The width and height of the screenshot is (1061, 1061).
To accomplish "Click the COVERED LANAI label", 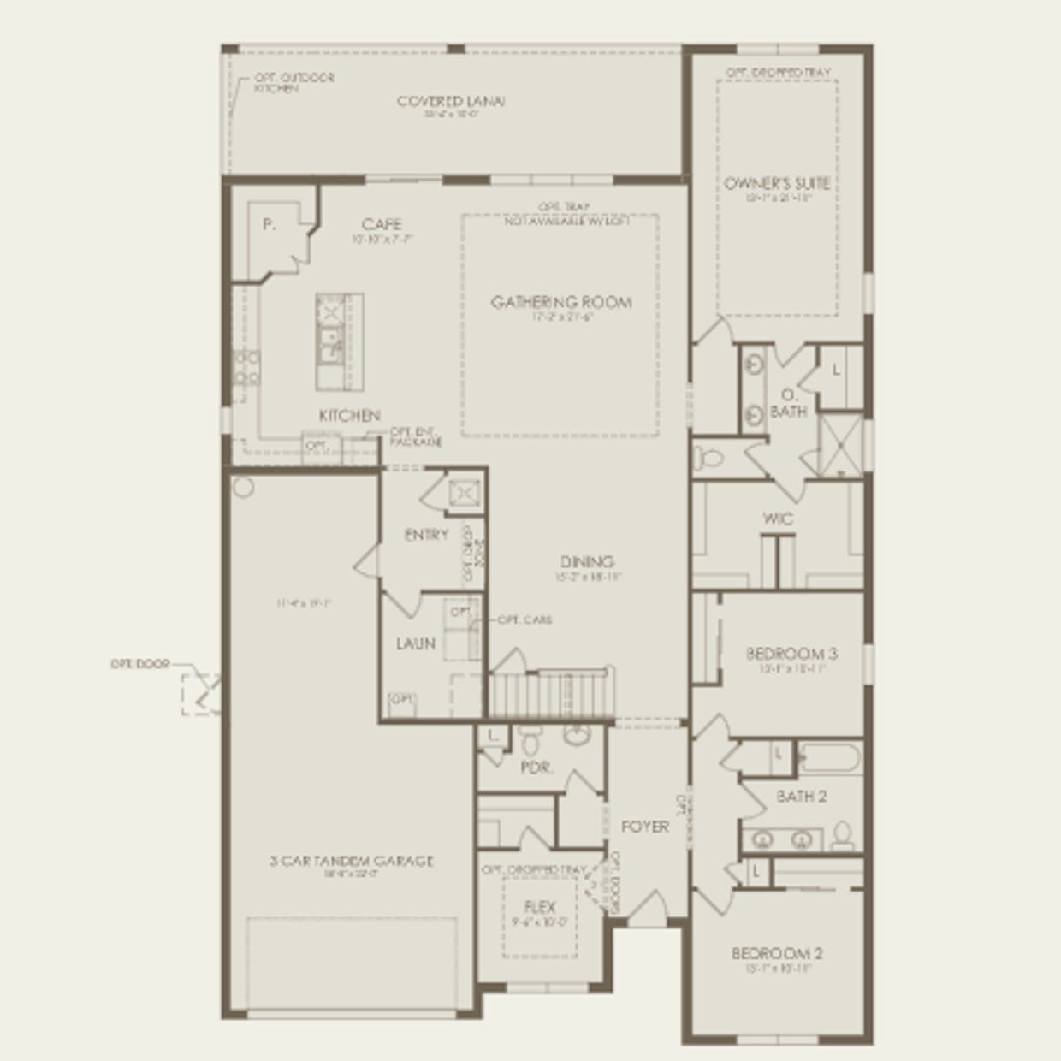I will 451,101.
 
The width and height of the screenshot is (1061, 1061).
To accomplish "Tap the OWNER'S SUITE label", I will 777,183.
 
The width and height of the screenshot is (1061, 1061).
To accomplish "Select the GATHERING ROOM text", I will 561,302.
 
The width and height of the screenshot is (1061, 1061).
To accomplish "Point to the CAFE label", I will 382,225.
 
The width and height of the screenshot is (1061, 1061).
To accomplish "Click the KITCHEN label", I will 349,416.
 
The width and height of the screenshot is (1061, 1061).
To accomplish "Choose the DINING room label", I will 587,562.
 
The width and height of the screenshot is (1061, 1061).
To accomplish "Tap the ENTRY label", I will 426,536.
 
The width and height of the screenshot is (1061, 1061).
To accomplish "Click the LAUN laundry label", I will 415,643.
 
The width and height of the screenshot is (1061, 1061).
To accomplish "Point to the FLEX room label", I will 540,908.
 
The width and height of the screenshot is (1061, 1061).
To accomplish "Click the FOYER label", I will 645,827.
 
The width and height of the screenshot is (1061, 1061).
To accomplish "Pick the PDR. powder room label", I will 536,768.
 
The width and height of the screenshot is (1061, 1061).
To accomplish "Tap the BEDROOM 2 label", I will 777,953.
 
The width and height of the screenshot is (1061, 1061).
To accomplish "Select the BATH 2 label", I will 801,797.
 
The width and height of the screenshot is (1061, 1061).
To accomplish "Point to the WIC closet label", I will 778,519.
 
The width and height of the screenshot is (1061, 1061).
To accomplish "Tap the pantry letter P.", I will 269,225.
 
